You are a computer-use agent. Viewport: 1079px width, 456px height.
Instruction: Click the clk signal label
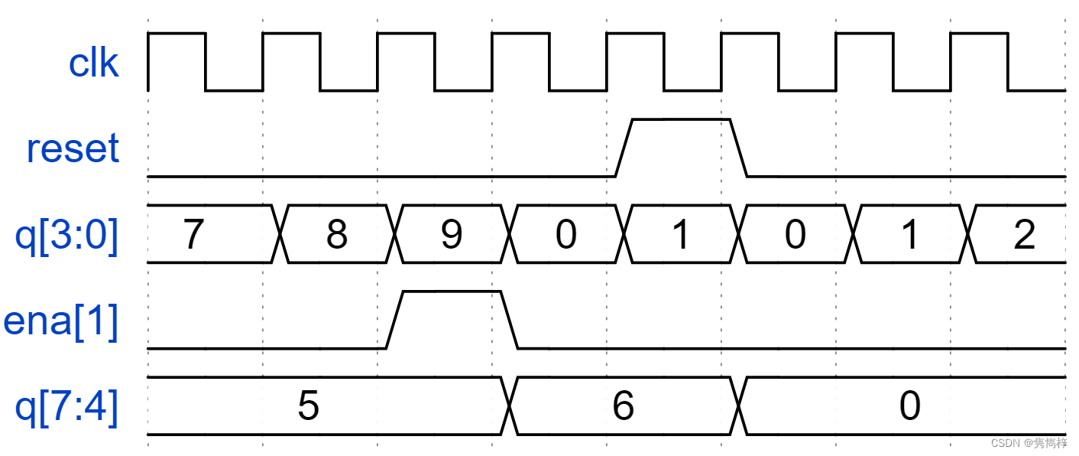[93, 63]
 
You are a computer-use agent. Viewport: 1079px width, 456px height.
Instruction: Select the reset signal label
[73, 148]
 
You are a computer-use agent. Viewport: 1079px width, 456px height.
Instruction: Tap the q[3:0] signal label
[67, 235]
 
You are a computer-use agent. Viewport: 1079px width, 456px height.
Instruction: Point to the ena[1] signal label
[61, 321]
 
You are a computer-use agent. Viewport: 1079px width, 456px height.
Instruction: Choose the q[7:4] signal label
[67, 407]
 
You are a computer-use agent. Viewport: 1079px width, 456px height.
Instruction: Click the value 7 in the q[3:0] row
[193, 235]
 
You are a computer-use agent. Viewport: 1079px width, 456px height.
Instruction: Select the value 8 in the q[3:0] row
[336, 235]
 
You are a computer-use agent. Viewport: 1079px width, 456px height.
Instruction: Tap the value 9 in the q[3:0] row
[452, 235]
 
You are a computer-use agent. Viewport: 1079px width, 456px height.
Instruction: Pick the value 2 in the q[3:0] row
[1024, 235]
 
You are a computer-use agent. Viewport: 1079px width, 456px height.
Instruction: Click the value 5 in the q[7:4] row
[308, 406]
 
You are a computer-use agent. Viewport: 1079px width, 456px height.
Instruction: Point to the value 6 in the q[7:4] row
[623, 406]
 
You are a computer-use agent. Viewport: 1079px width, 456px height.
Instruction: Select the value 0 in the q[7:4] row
[909, 406]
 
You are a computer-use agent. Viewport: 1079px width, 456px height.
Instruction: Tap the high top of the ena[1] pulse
[451, 292]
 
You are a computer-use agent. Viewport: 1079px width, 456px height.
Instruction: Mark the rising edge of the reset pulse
[624, 148]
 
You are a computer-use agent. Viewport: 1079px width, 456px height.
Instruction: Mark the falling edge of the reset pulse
[739, 148]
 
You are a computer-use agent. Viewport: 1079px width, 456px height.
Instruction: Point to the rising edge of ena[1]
[394, 320]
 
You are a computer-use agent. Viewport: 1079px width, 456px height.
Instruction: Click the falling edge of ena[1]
[510, 320]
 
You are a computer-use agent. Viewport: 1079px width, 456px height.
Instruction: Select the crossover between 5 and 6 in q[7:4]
[510, 406]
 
